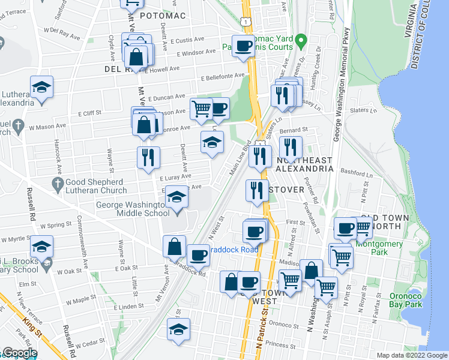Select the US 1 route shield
click(x=244, y=21)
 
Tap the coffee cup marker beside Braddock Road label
click(x=197, y=256)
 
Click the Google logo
click(x=19, y=353)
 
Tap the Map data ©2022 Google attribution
click(x=411, y=355)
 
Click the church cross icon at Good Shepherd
click(x=58, y=185)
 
